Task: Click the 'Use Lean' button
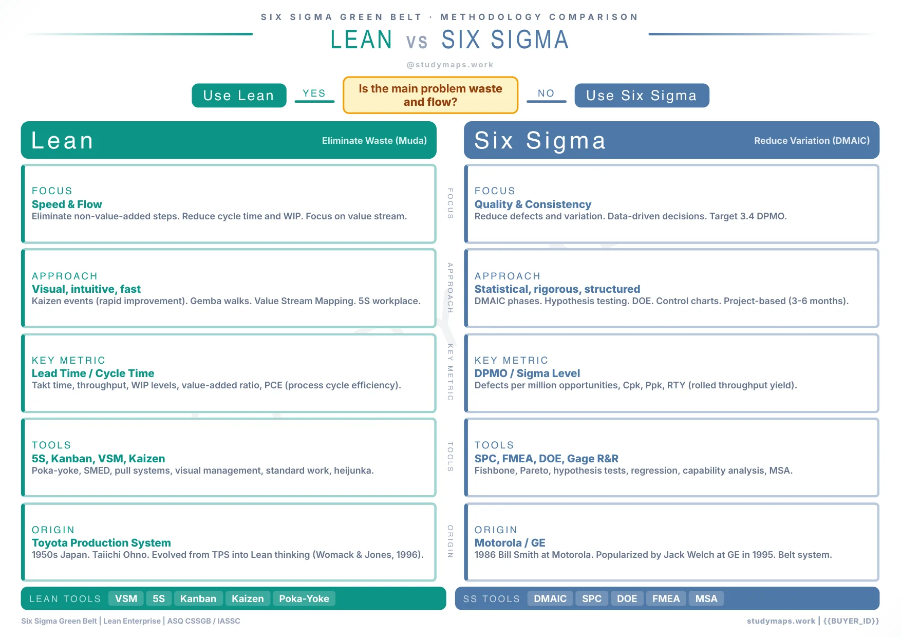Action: [x=239, y=96]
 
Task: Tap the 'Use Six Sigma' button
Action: [x=642, y=96]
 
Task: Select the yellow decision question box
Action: [x=430, y=95]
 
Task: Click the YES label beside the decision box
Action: [x=314, y=93]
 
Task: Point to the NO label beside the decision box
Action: [x=546, y=93]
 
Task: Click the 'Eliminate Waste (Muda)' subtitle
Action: [x=374, y=141]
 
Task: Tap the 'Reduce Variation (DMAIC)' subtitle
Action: [x=812, y=141]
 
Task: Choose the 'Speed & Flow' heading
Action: [x=67, y=204]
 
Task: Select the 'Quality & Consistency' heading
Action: [x=533, y=204]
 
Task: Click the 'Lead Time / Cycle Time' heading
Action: [x=93, y=373]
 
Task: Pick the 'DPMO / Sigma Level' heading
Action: [x=527, y=373]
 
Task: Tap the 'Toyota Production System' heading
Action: [x=101, y=543]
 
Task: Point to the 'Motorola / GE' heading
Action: [x=510, y=543]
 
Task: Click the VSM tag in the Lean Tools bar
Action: [x=126, y=598]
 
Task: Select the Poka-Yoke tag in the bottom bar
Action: [x=304, y=598]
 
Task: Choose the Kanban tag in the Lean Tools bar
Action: [x=198, y=598]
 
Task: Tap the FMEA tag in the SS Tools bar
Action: [x=666, y=598]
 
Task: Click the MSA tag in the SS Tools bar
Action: [x=706, y=598]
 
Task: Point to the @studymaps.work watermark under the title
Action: [x=450, y=65]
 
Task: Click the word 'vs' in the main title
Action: [x=417, y=41]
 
